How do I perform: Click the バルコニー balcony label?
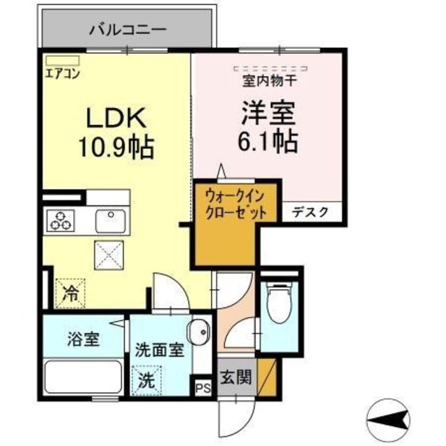(128, 30)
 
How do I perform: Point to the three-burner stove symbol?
(61, 221)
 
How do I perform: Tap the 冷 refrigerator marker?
(70, 291)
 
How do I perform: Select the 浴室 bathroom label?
(84, 341)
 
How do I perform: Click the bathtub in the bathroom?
(83, 377)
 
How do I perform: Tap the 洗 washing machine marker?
(146, 380)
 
